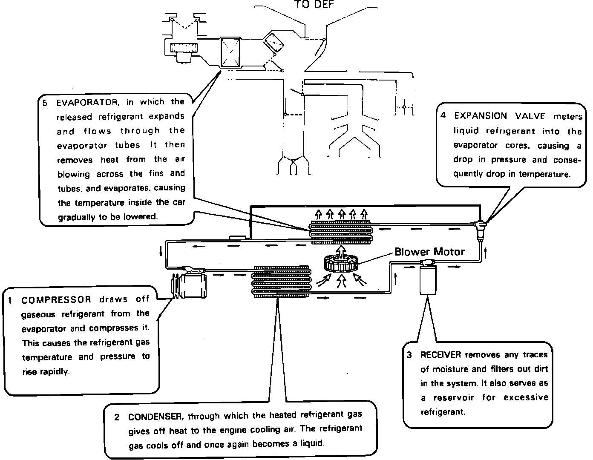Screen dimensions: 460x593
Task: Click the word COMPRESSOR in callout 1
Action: tap(56, 299)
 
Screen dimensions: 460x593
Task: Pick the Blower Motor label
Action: tap(429, 251)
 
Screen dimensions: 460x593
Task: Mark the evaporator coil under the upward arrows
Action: tap(341, 233)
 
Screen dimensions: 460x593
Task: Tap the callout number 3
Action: tap(409, 355)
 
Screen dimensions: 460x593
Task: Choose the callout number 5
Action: tap(45, 102)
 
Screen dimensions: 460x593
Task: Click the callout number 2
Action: tap(116, 417)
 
